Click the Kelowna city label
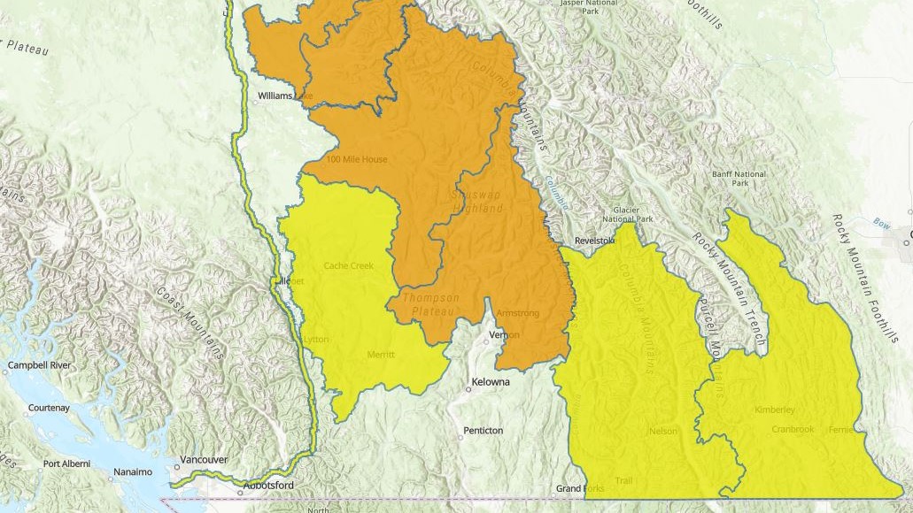(x=492, y=382)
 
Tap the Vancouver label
(x=204, y=460)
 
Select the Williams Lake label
(x=284, y=96)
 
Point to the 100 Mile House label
(x=357, y=159)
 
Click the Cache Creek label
(x=348, y=265)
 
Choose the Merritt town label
(x=380, y=355)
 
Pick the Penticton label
(x=483, y=431)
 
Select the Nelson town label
(x=663, y=432)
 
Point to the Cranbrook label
(x=767, y=429)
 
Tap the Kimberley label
(x=774, y=410)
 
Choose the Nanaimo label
(x=132, y=472)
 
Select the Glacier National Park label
(x=627, y=213)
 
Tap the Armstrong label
(x=517, y=313)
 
